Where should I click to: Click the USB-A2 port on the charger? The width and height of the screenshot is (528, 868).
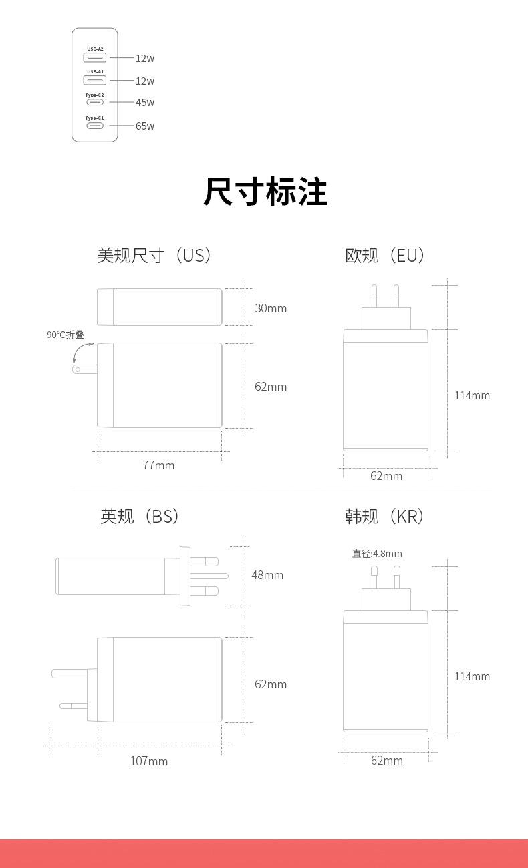tap(95, 58)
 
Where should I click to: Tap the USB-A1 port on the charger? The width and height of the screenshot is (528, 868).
tap(95, 81)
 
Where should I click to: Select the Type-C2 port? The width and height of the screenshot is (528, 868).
tap(95, 102)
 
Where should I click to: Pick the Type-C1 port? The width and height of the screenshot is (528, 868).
tap(95, 125)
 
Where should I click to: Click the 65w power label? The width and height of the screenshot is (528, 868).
tap(145, 126)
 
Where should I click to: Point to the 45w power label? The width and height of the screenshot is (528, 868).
tap(145, 103)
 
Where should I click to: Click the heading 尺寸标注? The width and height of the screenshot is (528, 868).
tap(265, 192)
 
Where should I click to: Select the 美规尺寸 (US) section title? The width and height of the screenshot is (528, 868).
tap(155, 255)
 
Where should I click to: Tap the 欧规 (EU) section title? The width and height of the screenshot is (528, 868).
tap(386, 255)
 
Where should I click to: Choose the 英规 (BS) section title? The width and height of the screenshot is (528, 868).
tap(140, 516)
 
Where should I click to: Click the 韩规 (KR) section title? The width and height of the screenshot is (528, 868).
tap(386, 516)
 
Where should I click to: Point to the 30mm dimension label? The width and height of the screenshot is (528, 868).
tap(271, 308)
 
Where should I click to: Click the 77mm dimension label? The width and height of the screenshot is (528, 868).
tap(158, 465)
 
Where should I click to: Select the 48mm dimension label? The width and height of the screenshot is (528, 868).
tap(267, 575)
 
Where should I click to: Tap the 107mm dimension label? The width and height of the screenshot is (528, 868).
tap(149, 761)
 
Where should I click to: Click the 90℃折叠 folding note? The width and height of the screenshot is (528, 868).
tap(65, 335)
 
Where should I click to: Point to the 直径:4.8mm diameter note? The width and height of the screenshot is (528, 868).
tap(377, 554)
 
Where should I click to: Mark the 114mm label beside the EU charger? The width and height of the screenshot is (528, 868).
tap(472, 395)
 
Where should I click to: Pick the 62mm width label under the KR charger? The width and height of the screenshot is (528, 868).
tap(387, 761)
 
